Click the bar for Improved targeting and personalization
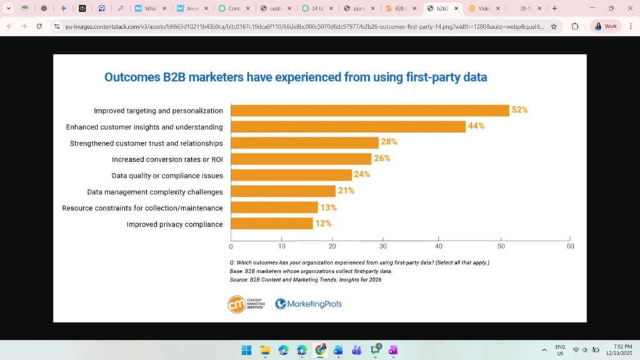pyautogui.click(x=370, y=111)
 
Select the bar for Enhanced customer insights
pyautogui.click(x=348, y=127)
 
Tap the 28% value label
pyautogui.click(x=389, y=142)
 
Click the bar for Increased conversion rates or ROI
pyautogui.click(x=301, y=159)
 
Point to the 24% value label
pyautogui.click(x=362, y=175)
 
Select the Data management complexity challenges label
pyautogui.click(x=155, y=192)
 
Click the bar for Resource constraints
pyautogui.click(x=274, y=207)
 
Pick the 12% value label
pyautogui.click(x=323, y=224)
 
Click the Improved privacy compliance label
pyautogui.click(x=174, y=224)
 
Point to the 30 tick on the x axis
pyautogui.click(x=384, y=246)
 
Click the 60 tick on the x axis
pyautogui.click(x=570, y=246)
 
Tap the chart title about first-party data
pyautogui.click(x=296, y=77)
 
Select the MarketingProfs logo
pyautogui.click(x=309, y=304)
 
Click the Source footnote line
pyautogui.click(x=306, y=280)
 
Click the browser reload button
pyautogui.click(x=39, y=26)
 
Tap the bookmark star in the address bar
pyautogui.click(x=554, y=26)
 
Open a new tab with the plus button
pyautogui.click(x=554, y=9)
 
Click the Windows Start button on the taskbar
pyautogui.click(x=246, y=350)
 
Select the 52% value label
pyautogui.click(x=520, y=110)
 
